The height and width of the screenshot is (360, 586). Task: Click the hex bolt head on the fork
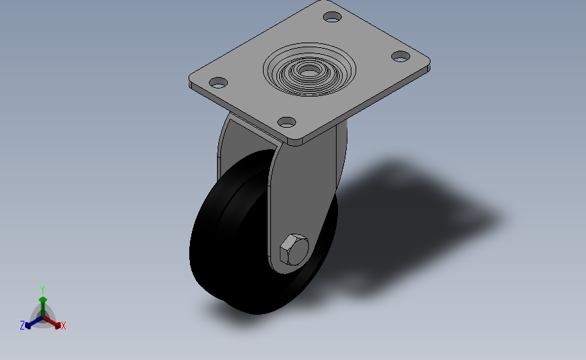294,250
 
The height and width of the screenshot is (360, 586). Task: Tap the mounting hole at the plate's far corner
333,17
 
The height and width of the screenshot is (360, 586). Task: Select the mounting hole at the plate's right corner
401,57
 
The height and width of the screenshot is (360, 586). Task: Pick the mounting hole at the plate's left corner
218,82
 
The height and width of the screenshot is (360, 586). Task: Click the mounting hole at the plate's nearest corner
287,122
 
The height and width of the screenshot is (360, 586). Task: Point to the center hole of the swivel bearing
309,70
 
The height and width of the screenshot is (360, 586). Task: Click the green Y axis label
43,290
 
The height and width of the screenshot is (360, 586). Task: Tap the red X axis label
63,326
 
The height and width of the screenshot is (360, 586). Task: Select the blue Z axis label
22,326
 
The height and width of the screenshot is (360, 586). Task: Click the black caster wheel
232,239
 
